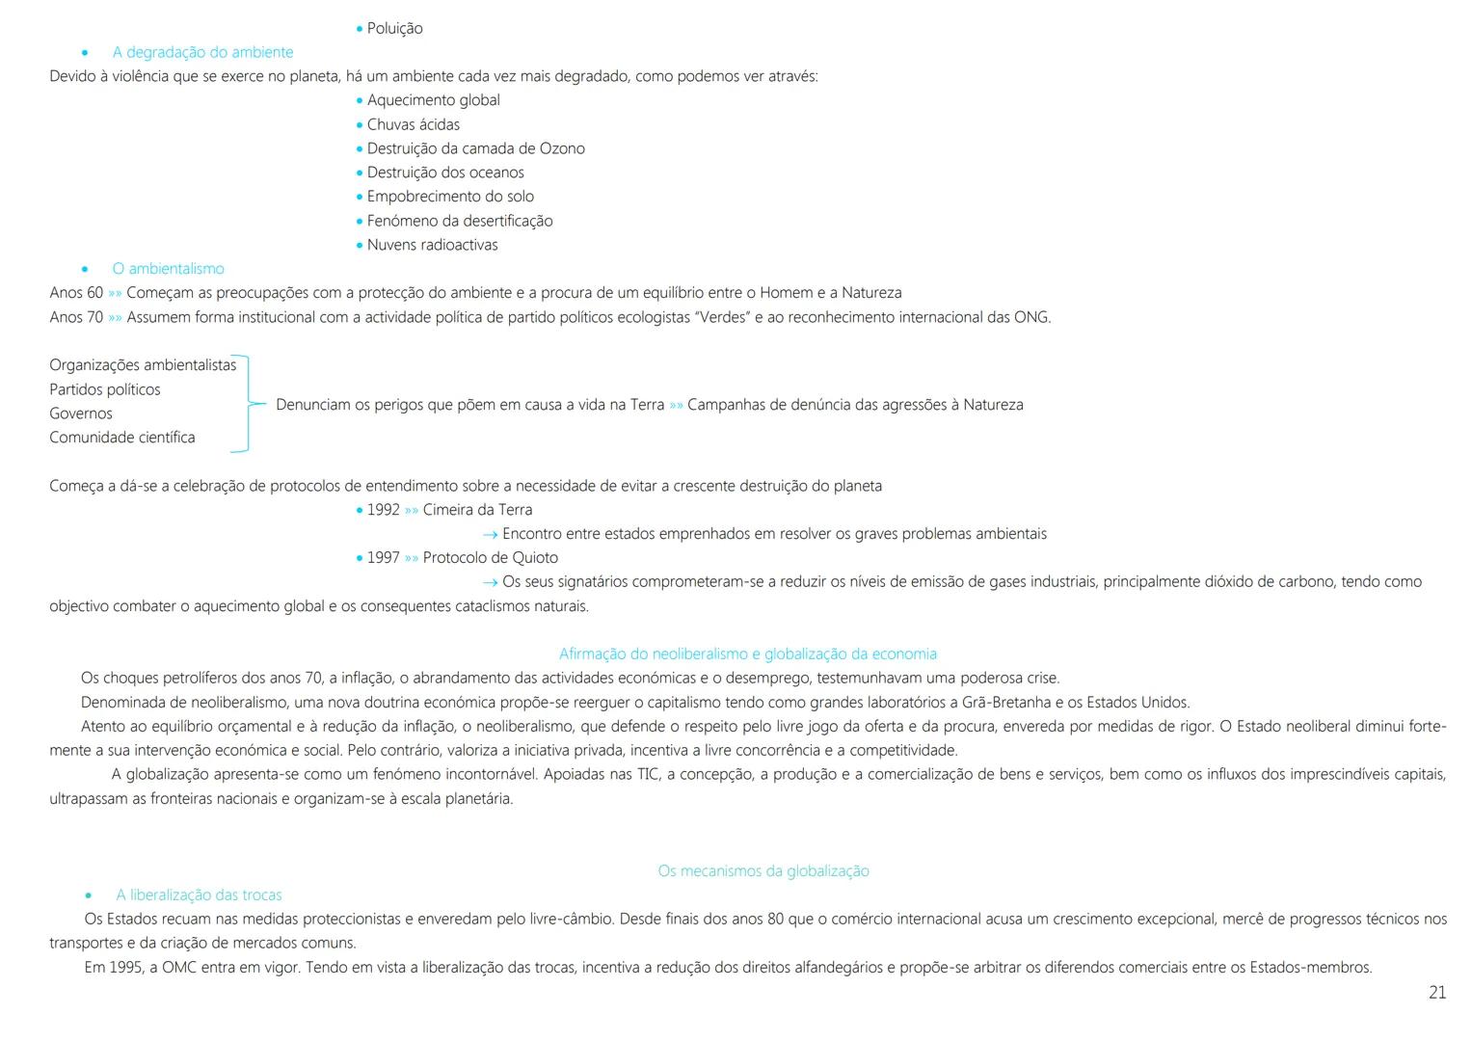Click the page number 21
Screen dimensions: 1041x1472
pos(1436,993)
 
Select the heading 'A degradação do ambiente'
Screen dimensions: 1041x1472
pos(202,52)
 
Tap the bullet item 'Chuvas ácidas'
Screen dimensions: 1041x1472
pos(413,124)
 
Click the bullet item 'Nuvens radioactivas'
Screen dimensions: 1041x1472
pos(432,245)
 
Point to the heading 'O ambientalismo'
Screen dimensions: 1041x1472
pos(168,269)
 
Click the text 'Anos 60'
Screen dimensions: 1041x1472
pos(76,293)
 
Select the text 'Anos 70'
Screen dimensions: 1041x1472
pos(76,317)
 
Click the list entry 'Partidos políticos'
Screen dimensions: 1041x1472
pos(105,389)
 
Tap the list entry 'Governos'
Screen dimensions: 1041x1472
pos(81,414)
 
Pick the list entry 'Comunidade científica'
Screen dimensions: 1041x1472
pos(122,438)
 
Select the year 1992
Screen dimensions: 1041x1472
pos(383,510)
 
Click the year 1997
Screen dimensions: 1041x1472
pos(383,558)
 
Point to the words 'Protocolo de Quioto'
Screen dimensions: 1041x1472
pos(490,558)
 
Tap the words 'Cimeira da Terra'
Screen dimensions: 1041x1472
pos(477,510)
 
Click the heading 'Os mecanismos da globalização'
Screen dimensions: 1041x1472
pos(763,871)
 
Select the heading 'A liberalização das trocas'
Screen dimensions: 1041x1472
pos(199,895)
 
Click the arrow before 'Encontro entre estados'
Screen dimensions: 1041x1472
pos(490,534)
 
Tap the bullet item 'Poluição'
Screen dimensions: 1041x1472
pos(394,28)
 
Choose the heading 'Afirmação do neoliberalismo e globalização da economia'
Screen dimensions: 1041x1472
pos(748,654)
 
